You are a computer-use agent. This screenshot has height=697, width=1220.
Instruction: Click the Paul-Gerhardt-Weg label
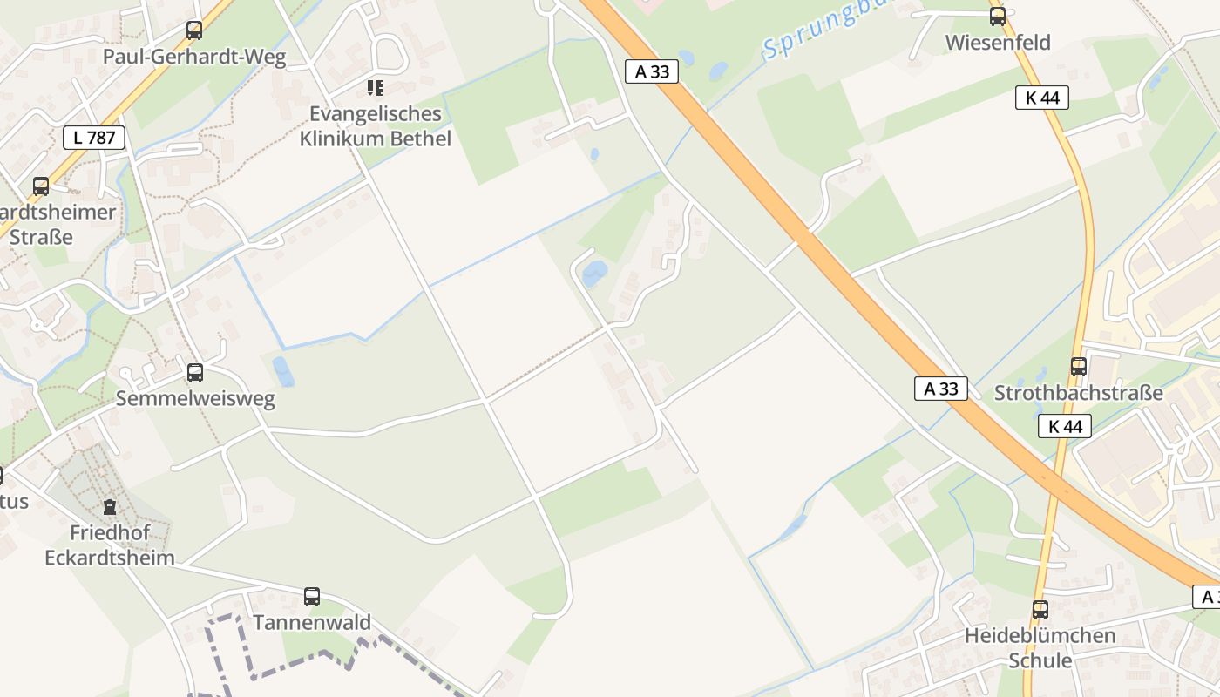click(194, 57)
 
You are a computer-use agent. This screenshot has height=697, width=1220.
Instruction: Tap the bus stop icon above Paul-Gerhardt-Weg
click(194, 30)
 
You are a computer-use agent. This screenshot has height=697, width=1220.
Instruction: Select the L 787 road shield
click(94, 137)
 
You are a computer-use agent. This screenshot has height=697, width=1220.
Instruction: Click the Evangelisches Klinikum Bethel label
click(376, 126)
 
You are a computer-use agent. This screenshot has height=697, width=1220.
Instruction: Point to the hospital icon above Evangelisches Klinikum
click(376, 87)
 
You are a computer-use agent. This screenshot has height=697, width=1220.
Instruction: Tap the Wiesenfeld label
click(998, 42)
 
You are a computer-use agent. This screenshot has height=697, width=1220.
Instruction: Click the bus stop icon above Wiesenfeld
click(998, 16)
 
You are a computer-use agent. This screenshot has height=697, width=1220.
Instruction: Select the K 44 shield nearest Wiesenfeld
click(1042, 98)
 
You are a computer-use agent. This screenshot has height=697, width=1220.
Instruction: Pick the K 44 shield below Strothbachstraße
click(1065, 426)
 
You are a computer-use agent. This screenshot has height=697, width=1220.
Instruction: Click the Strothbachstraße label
click(1079, 393)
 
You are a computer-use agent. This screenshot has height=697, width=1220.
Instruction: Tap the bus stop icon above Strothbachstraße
click(1079, 367)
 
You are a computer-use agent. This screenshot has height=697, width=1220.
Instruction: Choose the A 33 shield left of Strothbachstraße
click(941, 389)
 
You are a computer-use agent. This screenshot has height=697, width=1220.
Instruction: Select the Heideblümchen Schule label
click(1040, 647)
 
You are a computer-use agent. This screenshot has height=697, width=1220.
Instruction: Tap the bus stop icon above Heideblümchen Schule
click(1040, 610)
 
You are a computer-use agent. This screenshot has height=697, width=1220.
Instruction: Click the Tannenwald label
click(312, 623)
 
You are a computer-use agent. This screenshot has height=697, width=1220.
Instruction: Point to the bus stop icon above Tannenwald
click(312, 597)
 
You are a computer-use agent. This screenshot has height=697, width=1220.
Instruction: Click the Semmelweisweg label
click(195, 399)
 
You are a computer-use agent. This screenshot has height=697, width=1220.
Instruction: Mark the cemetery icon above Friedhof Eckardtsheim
click(110, 506)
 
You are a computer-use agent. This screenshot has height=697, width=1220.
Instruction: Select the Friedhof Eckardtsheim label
click(110, 545)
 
